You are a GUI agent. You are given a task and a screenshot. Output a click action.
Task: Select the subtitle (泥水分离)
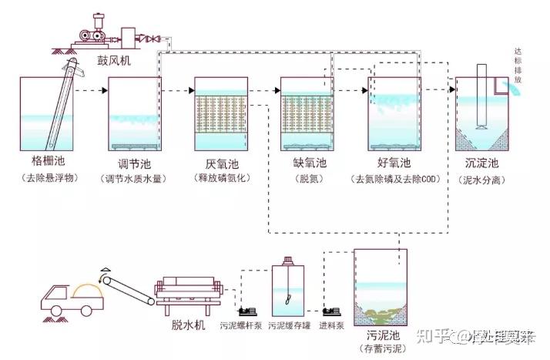[x=482, y=179]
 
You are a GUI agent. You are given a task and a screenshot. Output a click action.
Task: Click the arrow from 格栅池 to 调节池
[x=92, y=91]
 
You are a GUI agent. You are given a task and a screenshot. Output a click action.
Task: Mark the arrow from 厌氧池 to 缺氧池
[x=264, y=91]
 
